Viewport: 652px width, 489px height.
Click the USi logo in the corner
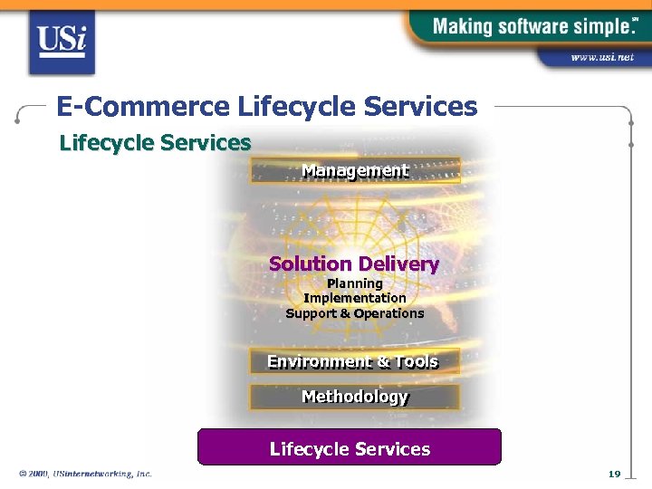click(x=62, y=42)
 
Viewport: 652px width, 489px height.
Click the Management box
click(x=355, y=170)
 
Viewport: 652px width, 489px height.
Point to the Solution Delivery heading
click(x=354, y=264)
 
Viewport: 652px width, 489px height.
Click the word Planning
click(x=355, y=283)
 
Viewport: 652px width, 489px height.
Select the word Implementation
click(x=355, y=298)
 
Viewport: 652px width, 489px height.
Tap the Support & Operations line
click(x=355, y=313)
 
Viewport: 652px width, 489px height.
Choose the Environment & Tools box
click(x=353, y=361)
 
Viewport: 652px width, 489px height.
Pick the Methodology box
click(x=355, y=397)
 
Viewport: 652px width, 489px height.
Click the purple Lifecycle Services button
click(x=350, y=448)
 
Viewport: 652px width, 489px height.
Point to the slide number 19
click(x=614, y=474)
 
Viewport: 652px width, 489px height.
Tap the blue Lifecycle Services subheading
click(x=155, y=143)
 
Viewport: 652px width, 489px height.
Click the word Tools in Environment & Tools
click(x=417, y=361)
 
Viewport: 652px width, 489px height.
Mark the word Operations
click(x=388, y=313)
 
